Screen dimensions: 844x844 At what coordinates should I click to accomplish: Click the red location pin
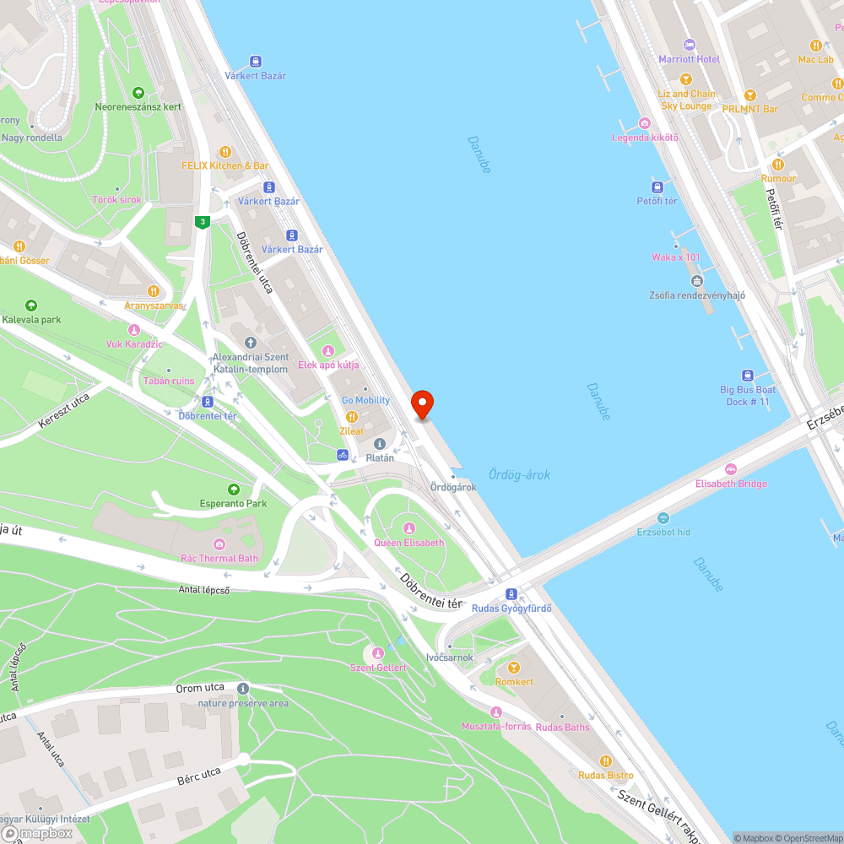click(x=421, y=404)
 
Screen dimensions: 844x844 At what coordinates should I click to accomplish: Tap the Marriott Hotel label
click(x=689, y=59)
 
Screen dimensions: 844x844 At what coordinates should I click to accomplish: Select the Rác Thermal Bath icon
click(x=219, y=544)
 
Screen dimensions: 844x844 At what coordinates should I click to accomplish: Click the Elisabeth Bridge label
click(x=731, y=484)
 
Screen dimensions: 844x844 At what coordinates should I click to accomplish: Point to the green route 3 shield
click(x=202, y=222)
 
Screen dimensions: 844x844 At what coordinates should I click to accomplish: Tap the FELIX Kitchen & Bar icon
click(x=225, y=152)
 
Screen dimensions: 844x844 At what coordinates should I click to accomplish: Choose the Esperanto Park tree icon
click(x=233, y=490)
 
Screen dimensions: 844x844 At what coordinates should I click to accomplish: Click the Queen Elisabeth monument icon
click(x=409, y=528)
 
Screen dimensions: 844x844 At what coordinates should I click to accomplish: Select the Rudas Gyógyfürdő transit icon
click(x=511, y=594)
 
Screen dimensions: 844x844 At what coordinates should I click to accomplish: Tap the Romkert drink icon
click(x=513, y=668)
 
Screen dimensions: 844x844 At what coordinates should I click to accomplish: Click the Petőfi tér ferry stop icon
click(x=657, y=187)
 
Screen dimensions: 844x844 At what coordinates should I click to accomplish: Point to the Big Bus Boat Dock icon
click(x=747, y=376)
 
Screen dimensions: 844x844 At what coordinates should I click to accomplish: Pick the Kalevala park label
click(x=31, y=320)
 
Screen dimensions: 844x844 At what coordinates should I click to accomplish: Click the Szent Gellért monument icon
click(x=378, y=653)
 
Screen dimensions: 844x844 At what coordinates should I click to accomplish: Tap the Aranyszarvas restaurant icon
click(x=153, y=291)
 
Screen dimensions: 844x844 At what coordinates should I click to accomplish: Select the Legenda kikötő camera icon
click(x=645, y=123)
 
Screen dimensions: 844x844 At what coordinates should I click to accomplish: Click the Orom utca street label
click(x=200, y=688)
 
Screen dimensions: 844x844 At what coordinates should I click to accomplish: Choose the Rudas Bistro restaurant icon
click(x=605, y=761)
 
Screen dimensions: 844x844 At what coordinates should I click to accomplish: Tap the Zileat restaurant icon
click(x=352, y=417)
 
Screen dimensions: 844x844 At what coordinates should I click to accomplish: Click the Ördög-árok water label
click(x=519, y=475)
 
